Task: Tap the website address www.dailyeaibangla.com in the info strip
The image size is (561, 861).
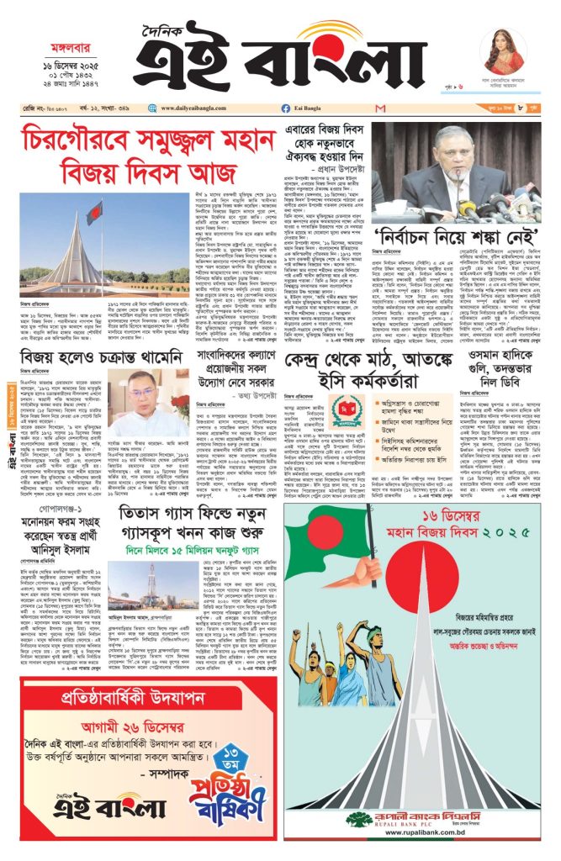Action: [x=194, y=108]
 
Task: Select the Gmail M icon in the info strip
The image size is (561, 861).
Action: [x=380, y=108]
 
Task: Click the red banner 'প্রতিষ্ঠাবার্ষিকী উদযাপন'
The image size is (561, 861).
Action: [x=141, y=697]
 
